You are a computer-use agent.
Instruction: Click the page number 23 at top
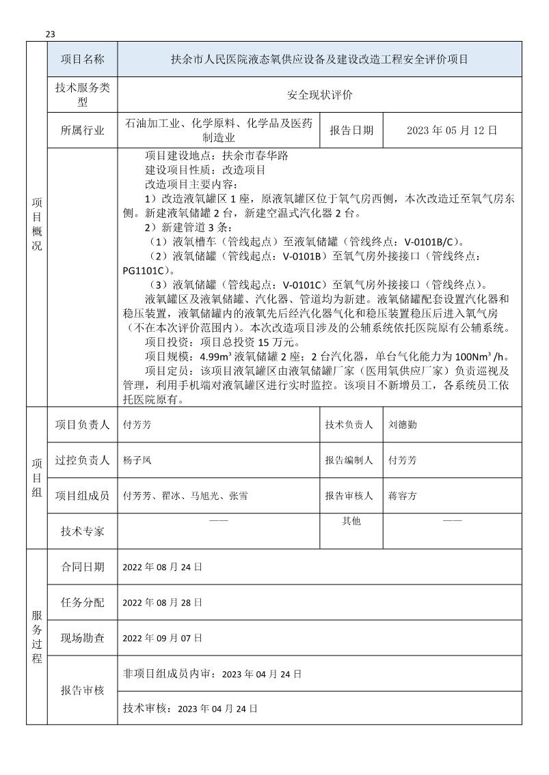tap(50, 35)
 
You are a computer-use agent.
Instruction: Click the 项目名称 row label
tap(82, 59)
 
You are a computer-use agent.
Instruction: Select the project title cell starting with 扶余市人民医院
tap(319, 59)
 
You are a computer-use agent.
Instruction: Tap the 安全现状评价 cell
tap(319, 95)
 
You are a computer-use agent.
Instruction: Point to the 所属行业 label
tap(82, 130)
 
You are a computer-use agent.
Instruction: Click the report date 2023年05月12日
tap(451, 130)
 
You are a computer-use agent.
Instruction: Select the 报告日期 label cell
tap(351, 130)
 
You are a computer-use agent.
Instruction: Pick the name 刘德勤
tap(402, 424)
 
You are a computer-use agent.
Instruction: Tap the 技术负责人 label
tap(351, 424)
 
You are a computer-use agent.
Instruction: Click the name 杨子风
tap(137, 460)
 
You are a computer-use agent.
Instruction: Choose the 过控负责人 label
tap(82, 460)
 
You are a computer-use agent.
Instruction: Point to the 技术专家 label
tap(82, 531)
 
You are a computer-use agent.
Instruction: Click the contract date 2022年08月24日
tap(162, 567)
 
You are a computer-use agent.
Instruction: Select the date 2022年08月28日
tap(162, 602)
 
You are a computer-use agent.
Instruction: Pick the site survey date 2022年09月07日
tap(162, 638)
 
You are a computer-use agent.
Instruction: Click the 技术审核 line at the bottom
tap(189, 709)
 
